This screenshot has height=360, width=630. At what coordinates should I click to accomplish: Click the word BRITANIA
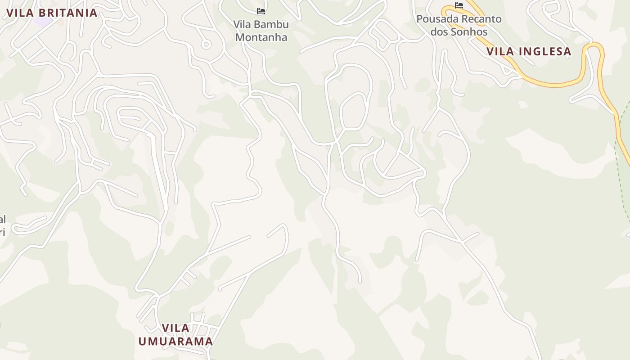(68, 13)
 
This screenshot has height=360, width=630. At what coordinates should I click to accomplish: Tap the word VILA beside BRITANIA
(20, 13)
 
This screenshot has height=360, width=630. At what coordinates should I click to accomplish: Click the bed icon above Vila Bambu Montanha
(261, 11)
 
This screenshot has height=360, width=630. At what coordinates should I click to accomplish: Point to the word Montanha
(261, 37)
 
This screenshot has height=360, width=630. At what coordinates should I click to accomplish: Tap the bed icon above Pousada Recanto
(459, 5)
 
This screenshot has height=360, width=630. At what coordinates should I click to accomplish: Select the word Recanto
(481, 19)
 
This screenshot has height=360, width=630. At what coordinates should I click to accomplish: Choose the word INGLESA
(545, 52)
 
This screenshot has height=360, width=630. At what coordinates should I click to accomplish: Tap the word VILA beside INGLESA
(500, 52)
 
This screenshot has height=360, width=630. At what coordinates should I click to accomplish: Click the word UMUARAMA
(175, 341)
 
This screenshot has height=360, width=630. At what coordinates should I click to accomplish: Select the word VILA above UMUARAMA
(175, 328)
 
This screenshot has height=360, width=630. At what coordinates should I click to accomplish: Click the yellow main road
(553, 84)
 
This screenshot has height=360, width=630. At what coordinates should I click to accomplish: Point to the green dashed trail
(620, 180)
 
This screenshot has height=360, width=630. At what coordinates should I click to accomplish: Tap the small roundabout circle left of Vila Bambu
(206, 44)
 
